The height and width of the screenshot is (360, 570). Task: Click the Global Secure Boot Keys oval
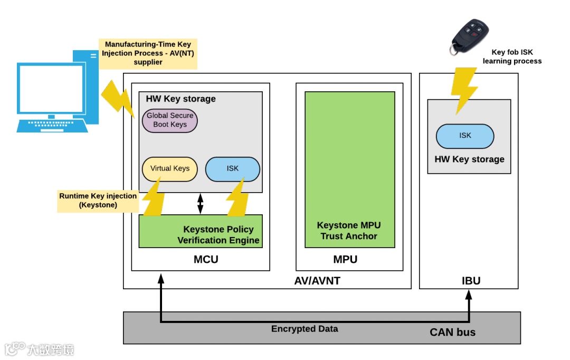pyautogui.click(x=170, y=120)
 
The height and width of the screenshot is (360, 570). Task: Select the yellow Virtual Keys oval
pyautogui.click(x=170, y=168)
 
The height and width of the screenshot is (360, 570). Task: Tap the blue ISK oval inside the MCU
pyautogui.click(x=233, y=168)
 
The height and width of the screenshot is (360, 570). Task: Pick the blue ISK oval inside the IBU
pyautogui.click(x=465, y=136)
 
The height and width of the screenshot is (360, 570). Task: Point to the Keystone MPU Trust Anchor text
pyautogui.click(x=349, y=231)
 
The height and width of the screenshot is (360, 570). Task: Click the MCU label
pyautogui.click(x=206, y=260)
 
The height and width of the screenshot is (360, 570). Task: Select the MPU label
pyautogui.click(x=345, y=260)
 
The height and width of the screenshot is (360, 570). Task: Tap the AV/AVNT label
pyautogui.click(x=317, y=281)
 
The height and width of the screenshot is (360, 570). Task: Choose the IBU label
pyautogui.click(x=471, y=281)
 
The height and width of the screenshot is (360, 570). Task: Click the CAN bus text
pyautogui.click(x=452, y=333)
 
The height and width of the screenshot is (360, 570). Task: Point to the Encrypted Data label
pyautogui.click(x=305, y=329)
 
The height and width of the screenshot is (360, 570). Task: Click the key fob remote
pyautogui.click(x=469, y=36)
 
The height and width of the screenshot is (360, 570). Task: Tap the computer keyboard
pyautogui.click(x=52, y=126)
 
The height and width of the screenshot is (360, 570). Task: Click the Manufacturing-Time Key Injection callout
pyautogui.click(x=147, y=53)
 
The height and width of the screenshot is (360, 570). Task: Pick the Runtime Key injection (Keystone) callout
pyautogui.click(x=98, y=201)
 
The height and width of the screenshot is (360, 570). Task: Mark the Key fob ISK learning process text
pyautogui.click(x=512, y=56)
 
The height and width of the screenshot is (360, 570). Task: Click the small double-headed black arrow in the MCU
pyautogui.click(x=200, y=204)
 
